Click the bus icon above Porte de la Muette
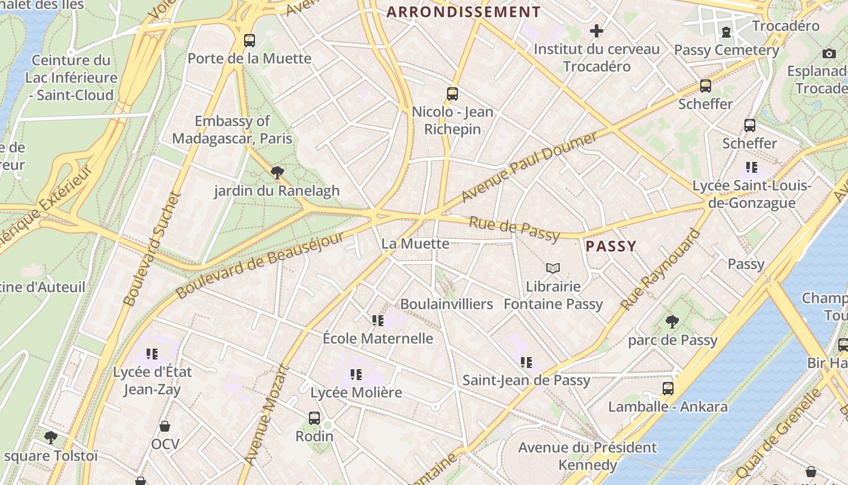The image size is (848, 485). (249, 41)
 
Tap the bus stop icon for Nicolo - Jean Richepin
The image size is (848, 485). (452, 94)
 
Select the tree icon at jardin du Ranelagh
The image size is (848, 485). (277, 173)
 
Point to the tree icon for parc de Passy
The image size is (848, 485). (672, 322)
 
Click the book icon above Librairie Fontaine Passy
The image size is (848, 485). (552, 268)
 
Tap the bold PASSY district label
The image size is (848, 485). (611, 246)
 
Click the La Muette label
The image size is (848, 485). (416, 244)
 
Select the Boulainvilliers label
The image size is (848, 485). (446, 304)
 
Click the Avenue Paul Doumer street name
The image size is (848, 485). (529, 167)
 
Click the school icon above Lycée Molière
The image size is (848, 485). (356, 375)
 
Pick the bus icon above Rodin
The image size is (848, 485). (314, 418)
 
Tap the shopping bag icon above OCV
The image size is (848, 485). (165, 426)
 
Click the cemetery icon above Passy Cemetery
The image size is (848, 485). (726, 32)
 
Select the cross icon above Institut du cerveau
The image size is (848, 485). (597, 30)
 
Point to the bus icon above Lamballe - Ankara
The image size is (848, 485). (667, 389)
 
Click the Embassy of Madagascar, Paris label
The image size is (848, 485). (232, 130)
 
